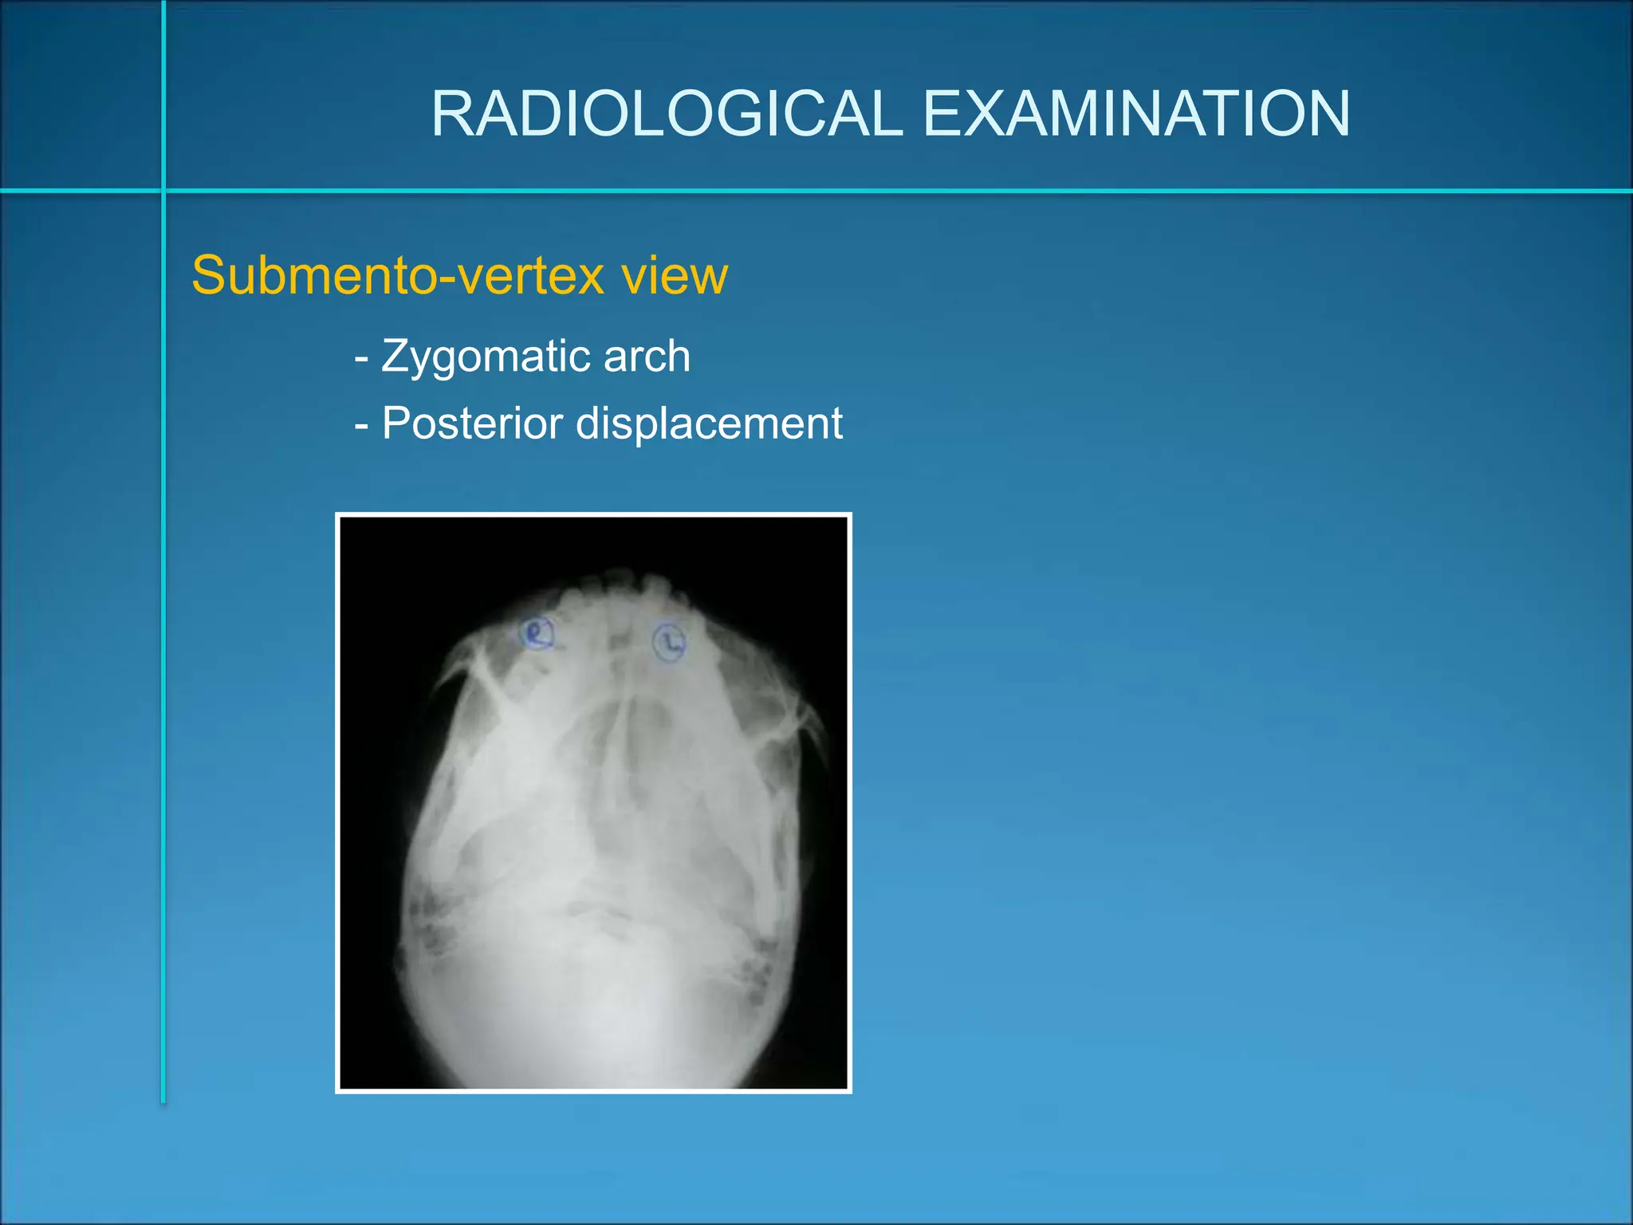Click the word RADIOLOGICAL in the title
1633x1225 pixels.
[667, 113]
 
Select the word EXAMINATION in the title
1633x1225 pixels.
[1136, 113]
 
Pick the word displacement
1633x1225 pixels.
[709, 423]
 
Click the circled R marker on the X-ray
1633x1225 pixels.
[537, 634]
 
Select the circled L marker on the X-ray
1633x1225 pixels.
[668, 643]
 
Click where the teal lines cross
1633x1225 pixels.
[163, 191]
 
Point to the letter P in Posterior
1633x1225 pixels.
[395, 423]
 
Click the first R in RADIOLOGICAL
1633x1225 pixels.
[451, 113]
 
